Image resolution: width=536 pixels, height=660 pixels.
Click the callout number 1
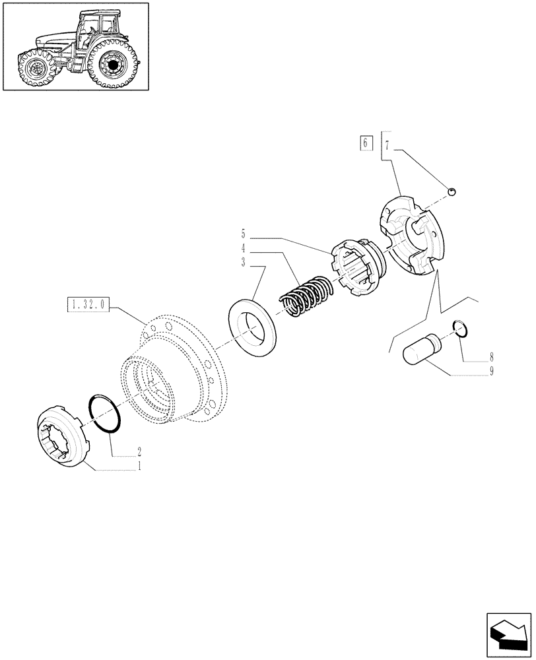139,465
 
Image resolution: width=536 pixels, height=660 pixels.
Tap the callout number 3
243,262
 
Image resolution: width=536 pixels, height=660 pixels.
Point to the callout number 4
243,248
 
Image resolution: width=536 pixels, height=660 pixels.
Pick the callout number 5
243,234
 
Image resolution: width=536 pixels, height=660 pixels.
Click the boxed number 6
366,143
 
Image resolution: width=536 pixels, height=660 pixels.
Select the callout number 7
387,143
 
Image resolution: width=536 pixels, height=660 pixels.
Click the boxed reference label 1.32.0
88,305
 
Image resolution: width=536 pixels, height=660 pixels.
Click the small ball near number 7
452,191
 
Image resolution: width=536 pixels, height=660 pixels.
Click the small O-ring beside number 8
463,329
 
